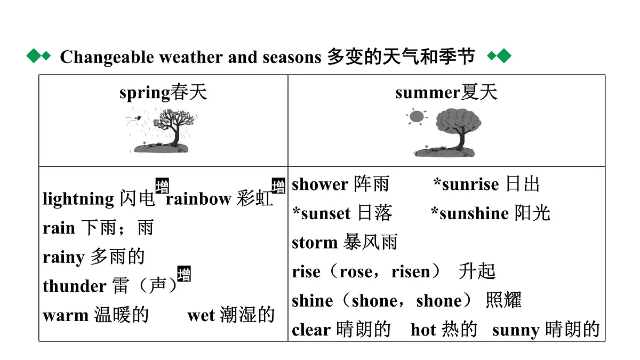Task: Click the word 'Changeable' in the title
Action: [107, 58]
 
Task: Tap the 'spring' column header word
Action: [145, 93]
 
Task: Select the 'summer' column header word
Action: [428, 93]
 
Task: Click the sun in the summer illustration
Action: [417, 117]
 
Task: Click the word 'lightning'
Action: [78, 198]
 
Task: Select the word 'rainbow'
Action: [198, 199]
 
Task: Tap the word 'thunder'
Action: [75, 286]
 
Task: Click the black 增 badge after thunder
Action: [184, 274]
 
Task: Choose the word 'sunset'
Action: [326, 214]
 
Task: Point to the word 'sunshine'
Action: [474, 213]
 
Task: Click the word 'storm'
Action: [315, 243]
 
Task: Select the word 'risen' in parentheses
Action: [411, 271]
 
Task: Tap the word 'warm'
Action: [66, 316]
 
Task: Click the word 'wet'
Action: [201, 316]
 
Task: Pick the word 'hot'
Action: [423, 330]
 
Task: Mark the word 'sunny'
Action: [516, 331]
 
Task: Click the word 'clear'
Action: [311, 330]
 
